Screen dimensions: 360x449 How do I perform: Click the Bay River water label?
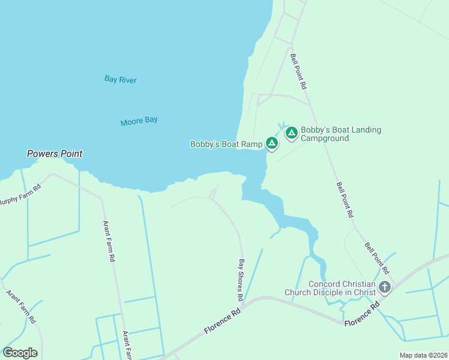121,79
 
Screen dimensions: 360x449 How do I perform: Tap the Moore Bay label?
139,121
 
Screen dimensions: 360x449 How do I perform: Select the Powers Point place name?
55,154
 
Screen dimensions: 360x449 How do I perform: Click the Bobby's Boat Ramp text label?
226,144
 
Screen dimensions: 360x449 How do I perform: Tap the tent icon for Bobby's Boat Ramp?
271,143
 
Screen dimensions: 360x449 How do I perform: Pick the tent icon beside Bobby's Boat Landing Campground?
292,133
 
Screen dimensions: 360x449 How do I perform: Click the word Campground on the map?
325,138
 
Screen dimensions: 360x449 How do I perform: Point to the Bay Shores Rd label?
241,280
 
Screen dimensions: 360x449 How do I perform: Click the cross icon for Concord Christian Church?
385,288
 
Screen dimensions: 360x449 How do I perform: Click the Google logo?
20,352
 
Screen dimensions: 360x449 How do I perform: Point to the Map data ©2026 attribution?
423,355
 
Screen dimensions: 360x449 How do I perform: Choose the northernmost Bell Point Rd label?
298,71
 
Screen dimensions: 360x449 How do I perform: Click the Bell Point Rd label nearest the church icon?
378,258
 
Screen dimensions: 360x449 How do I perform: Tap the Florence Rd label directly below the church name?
362,314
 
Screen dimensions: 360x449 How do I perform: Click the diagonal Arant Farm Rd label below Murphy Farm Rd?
21,306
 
